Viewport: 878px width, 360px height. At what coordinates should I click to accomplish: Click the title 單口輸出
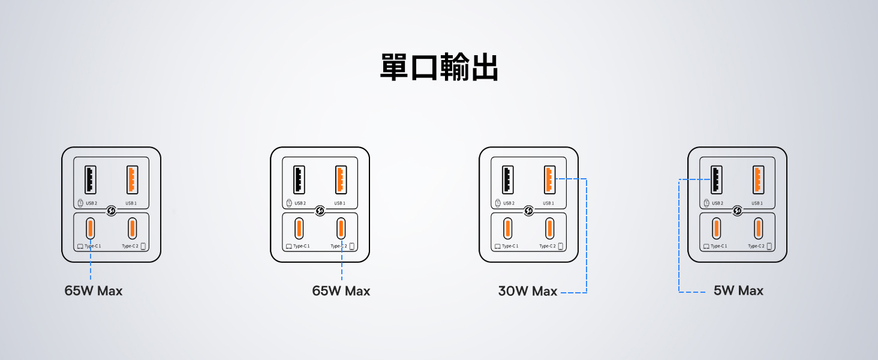coord(439,67)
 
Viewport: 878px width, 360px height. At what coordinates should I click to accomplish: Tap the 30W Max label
coord(528,291)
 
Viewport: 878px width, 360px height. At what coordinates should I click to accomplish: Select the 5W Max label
coord(738,290)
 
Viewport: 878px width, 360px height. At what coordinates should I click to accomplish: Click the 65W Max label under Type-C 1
coord(94,291)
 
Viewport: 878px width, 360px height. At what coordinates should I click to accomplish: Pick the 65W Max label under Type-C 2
coord(341,291)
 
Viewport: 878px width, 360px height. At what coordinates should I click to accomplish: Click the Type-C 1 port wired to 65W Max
coord(90,229)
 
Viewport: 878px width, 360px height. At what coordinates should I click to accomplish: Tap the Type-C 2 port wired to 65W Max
coord(341,229)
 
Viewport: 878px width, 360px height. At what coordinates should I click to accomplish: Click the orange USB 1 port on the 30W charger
coord(549,179)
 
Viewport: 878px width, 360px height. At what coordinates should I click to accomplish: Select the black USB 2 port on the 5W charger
coord(716,179)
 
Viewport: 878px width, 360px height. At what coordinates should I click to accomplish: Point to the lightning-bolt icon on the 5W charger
coord(738,211)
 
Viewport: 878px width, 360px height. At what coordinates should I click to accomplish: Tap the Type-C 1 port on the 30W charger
coord(507,229)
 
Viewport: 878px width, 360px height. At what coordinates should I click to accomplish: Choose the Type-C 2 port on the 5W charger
coord(758,229)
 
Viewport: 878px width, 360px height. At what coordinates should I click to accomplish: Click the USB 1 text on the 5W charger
coord(757,203)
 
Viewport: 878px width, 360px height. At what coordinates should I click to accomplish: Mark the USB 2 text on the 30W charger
coord(509,203)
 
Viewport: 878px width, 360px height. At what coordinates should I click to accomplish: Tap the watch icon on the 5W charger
coord(706,203)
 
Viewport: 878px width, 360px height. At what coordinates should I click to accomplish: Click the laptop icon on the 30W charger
coord(497,246)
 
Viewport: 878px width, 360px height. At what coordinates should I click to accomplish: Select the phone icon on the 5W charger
coord(769,246)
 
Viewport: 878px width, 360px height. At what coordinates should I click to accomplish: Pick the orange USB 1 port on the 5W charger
coord(757,179)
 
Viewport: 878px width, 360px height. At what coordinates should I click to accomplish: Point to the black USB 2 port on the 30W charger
coord(507,179)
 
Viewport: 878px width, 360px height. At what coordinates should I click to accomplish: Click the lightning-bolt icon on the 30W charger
coord(529,211)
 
